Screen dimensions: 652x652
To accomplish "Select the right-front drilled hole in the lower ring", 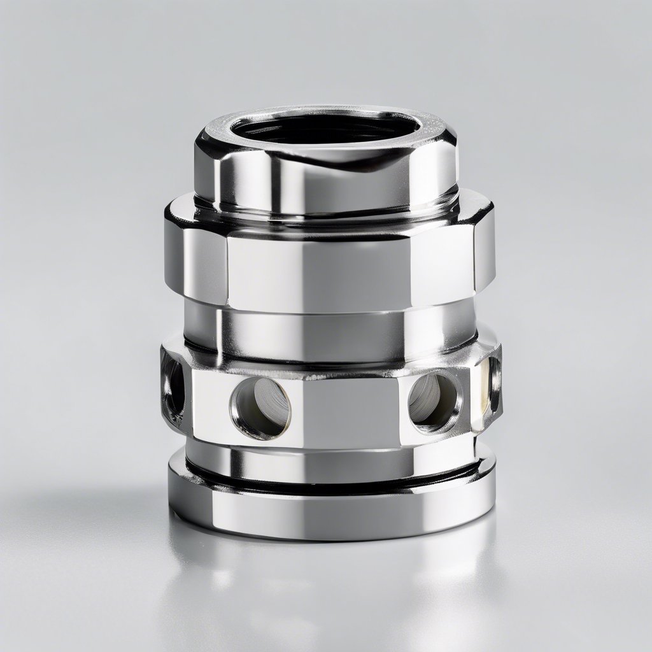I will pos(435,400).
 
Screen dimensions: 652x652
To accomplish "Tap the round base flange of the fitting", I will pos(331,509).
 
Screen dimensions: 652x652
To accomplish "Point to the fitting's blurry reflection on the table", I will pos(331,586).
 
